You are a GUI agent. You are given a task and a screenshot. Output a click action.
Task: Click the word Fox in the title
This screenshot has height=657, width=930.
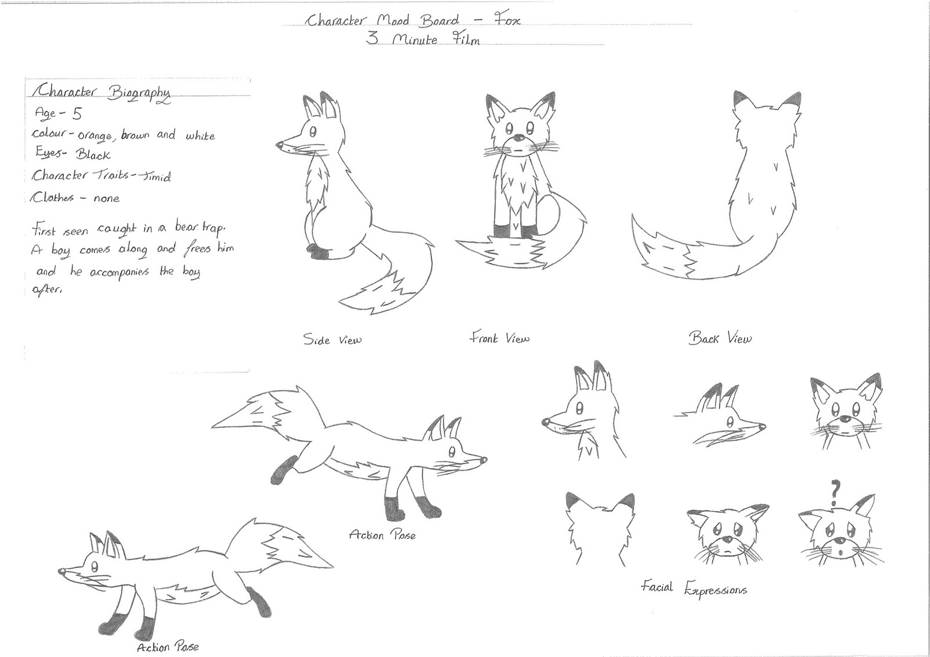[x=507, y=21]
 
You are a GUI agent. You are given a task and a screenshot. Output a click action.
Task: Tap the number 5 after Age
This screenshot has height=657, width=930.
[x=77, y=113]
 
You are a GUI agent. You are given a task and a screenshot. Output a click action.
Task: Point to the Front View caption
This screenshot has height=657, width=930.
[x=499, y=338]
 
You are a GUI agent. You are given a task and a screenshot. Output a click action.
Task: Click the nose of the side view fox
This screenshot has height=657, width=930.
[x=280, y=144]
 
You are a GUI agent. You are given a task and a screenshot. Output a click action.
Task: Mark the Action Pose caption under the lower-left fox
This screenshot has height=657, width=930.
[x=167, y=647]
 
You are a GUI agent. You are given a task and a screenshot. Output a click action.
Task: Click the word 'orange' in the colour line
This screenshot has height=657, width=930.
[x=96, y=137]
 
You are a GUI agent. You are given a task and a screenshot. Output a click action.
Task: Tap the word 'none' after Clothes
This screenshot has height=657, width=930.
[x=106, y=198]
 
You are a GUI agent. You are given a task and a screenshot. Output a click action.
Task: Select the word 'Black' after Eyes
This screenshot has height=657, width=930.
[x=92, y=155]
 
